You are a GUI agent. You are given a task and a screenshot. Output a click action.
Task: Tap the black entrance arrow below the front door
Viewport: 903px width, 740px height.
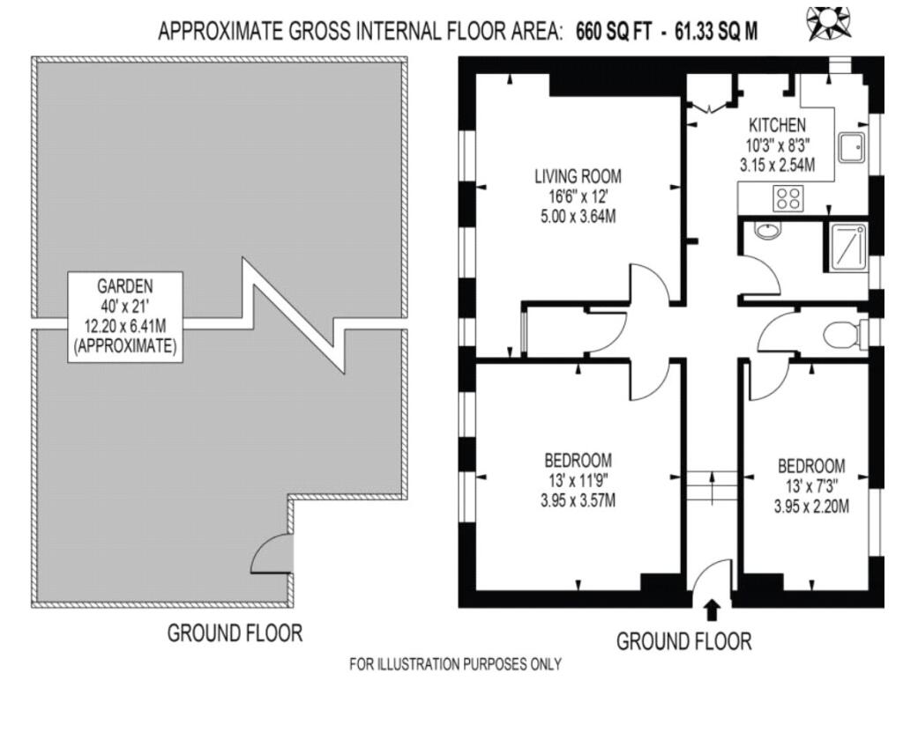713,609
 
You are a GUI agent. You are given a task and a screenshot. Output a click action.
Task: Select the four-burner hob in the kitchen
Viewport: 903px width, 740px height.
787,198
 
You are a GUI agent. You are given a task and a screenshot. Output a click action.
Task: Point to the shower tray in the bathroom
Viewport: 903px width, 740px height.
845,244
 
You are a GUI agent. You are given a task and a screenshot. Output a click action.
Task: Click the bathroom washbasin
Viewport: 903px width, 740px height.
768,232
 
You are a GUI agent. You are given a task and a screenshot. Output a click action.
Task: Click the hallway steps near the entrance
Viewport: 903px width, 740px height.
711,485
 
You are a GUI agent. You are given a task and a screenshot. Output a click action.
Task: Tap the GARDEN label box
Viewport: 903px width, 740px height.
125,316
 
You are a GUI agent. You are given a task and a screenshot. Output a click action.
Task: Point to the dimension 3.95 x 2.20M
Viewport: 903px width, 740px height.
811,507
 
